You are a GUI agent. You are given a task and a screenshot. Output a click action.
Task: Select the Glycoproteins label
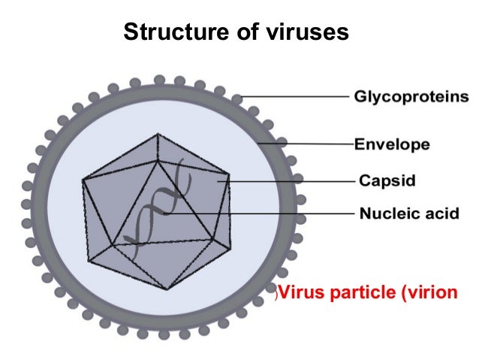pyautogui.click(x=411, y=98)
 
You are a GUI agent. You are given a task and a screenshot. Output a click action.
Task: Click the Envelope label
pyautogui.click(x=393, y=144)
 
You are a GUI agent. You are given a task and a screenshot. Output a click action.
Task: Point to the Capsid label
pyautogui.click(x=387, y=180)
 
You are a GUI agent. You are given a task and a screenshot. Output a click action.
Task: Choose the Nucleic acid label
pyautogui.click(x=408, y=213)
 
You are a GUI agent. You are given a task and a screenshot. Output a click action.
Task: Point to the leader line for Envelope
pyautogui.click(x=308, y=143)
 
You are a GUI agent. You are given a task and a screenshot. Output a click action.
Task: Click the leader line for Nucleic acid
pyautogui.click(x=263, y=213)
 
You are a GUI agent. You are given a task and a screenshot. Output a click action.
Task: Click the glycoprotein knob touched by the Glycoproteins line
pyautogui.click(x=237, y=97)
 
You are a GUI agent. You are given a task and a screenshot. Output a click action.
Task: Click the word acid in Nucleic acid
pyautogui.click(x=439, y=213)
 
